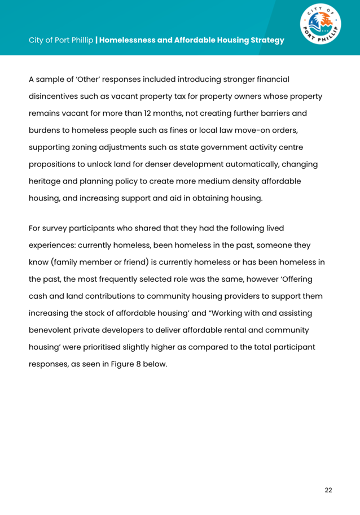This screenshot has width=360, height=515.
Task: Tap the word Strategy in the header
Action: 264,41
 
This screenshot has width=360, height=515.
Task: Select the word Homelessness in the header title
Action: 129,41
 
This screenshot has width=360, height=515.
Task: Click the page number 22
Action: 328,490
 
